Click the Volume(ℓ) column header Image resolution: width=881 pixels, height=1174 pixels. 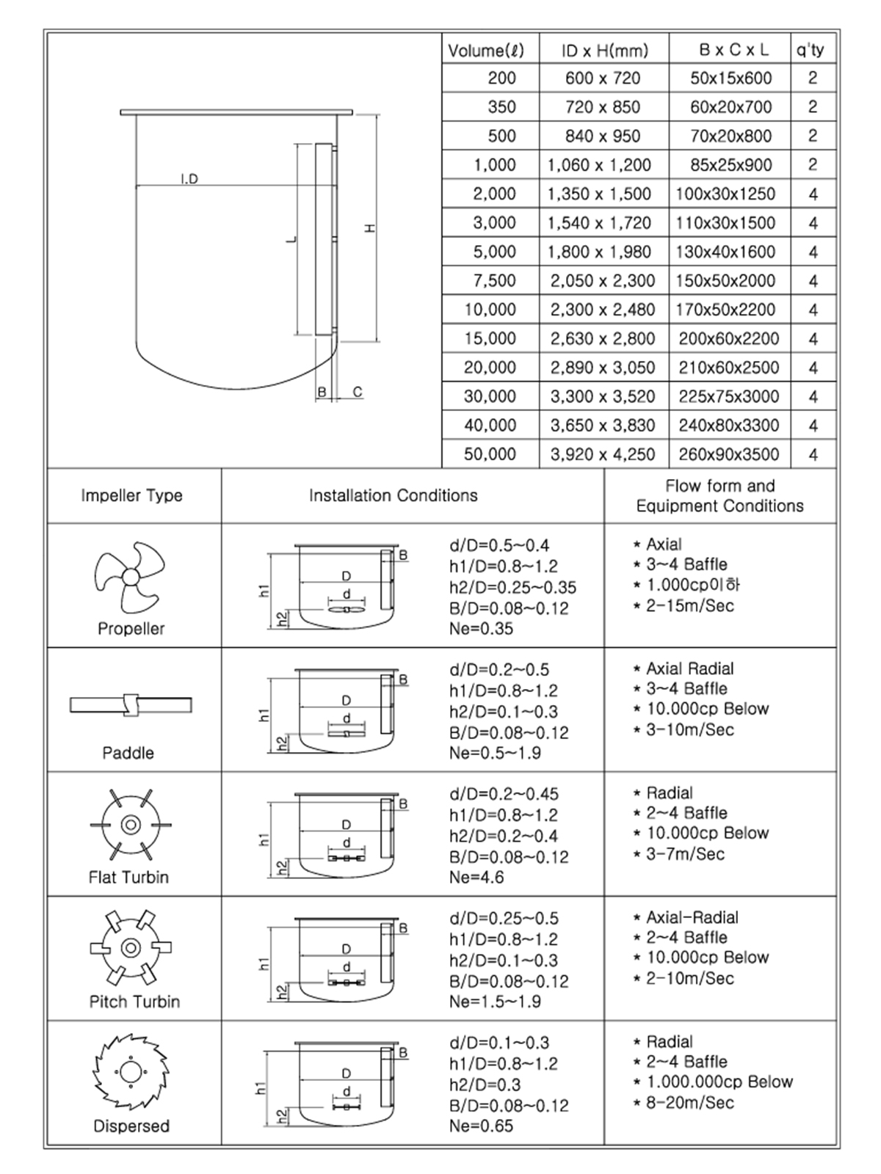(486, 51)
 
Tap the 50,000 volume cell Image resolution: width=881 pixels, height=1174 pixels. (490, 454)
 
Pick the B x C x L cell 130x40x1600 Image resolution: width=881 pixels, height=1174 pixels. (725, 252)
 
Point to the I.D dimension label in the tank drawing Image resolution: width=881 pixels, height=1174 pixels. (189, 179)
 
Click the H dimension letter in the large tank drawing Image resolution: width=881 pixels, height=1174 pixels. (371, 227)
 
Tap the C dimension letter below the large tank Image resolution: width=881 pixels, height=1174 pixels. (358, 393)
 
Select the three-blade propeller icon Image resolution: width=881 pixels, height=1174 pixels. (130, 577)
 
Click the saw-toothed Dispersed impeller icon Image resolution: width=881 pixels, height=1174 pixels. (131, 1072)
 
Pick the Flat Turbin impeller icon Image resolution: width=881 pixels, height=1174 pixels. (131, 825)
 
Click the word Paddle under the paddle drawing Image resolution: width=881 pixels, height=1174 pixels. (128, 753)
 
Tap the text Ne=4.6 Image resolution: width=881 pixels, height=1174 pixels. (476, 878)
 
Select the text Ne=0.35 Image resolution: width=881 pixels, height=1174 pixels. (482, 629)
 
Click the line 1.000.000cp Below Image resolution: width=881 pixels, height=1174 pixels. (719, 1082)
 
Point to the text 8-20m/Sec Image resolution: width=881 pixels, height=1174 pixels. (689, 1103)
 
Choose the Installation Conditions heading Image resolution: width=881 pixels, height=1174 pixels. (393, 496)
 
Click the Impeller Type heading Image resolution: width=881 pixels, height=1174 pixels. (131, 496)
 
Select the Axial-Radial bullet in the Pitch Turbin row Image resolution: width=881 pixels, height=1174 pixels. (692, 917)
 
